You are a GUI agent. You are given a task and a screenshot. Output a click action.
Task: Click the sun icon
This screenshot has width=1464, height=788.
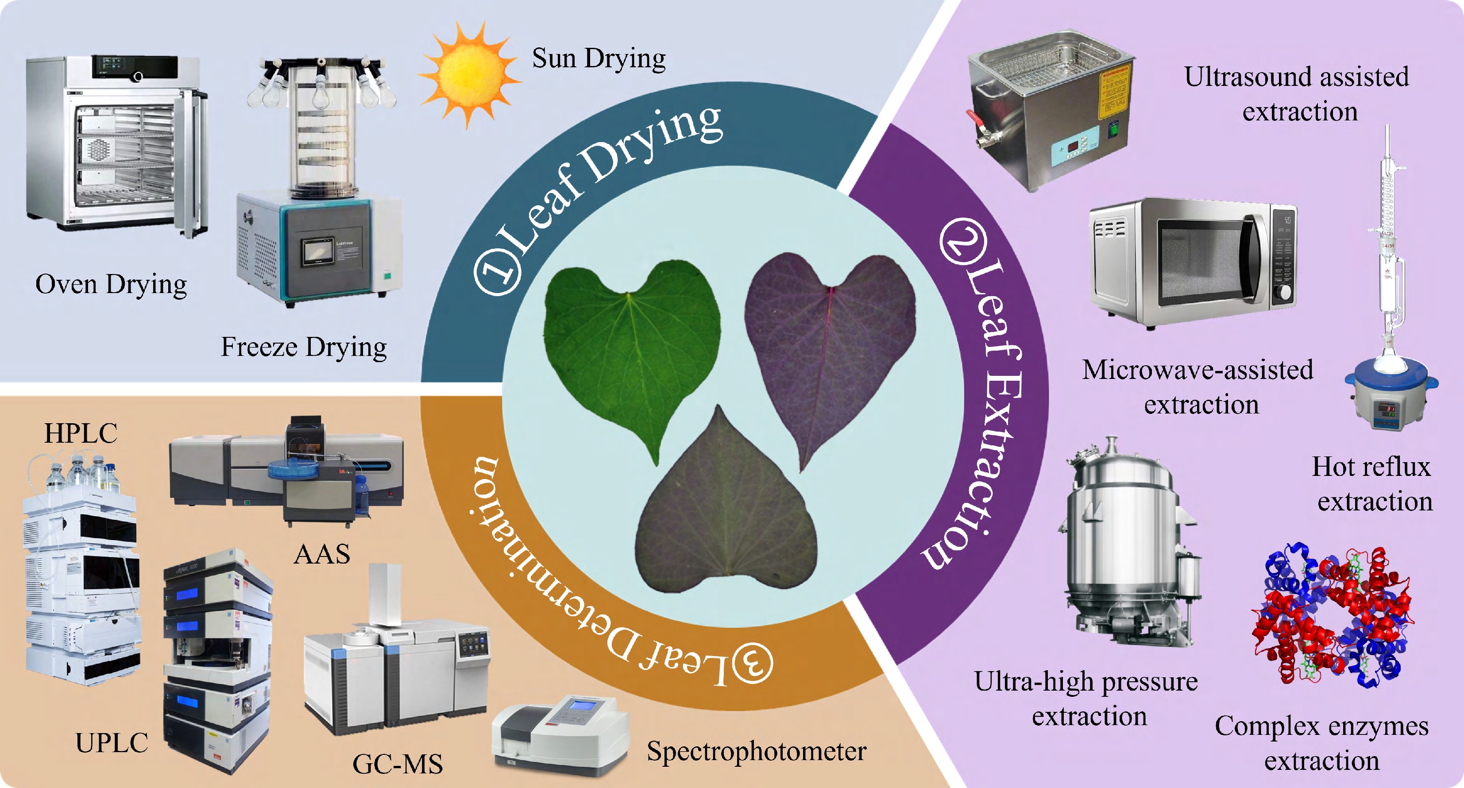click(x=469, y=74)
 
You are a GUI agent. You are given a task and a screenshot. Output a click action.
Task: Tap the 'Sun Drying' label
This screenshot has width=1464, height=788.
click(x=599, y=59)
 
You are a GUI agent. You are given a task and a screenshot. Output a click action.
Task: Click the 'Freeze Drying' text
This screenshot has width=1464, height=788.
click(x=304, y=348)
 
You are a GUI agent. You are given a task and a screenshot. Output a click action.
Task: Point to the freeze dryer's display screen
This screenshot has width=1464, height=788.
click(x=317, y=251)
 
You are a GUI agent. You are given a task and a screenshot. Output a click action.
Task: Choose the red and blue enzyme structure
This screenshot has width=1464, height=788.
click(x=1332, y=615)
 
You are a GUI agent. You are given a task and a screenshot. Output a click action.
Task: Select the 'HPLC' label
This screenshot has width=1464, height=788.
click(x=81, y=433)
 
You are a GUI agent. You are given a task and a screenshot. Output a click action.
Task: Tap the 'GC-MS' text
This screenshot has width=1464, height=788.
click(x=397, y=764)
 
